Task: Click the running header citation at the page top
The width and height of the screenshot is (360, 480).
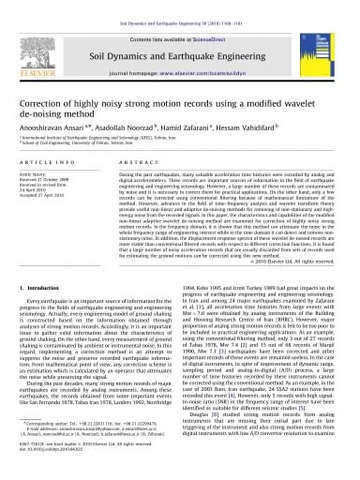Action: click(179, 6)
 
